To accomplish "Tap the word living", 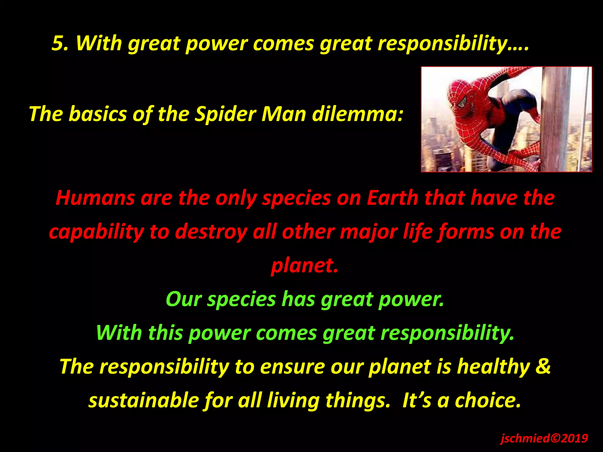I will pyautogui.click(x=293, y=401).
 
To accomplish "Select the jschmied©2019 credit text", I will pyautogui.click(x=544, y=438).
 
